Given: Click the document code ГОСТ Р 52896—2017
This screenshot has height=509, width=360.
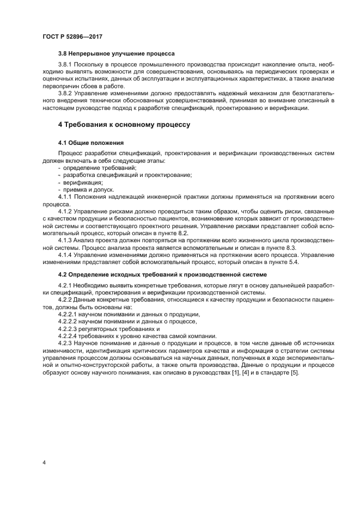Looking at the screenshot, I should (x=72, y=36).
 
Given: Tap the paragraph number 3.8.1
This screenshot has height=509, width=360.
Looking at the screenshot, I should (x=66, y=65).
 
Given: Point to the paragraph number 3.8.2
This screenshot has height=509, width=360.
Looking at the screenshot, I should (x=66, y=94).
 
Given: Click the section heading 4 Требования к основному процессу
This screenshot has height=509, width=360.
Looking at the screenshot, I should (x=124, y=125).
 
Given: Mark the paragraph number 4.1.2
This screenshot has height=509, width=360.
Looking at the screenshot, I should (x=66, y=211).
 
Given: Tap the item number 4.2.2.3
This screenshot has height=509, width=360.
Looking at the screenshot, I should (x=69, y=329).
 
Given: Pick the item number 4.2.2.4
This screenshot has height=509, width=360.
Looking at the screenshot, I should (x=69, y=336).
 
